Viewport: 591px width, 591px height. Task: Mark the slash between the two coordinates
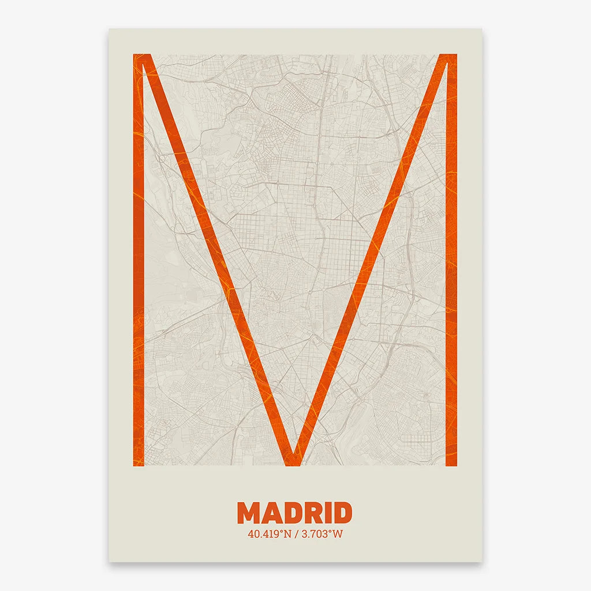tap(295, 534)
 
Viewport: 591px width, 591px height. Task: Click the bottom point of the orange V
tap(294, 459)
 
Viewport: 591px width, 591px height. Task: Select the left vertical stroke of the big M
tap(139, 260)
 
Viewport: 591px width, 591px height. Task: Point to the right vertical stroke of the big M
tap(451, 260)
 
